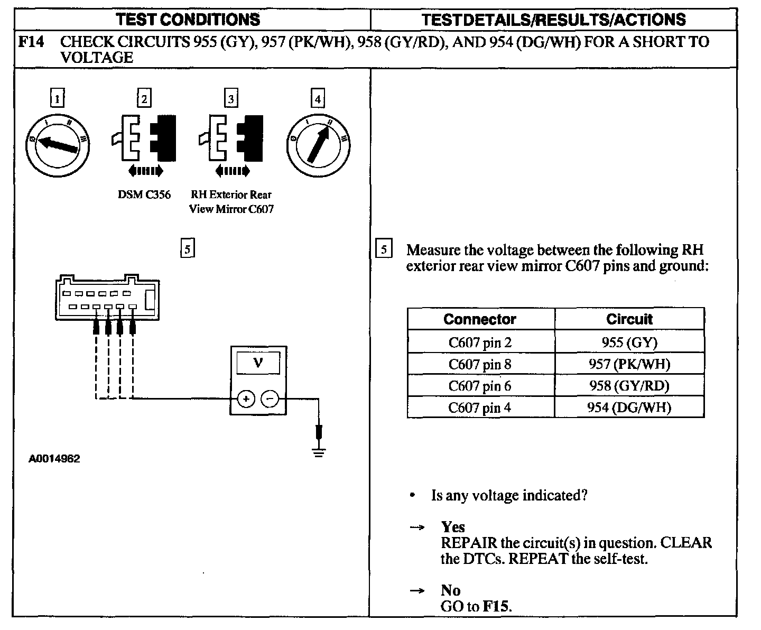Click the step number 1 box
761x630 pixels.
point(57,98)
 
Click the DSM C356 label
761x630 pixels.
point(144,194)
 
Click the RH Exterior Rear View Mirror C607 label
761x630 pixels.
point(231,201)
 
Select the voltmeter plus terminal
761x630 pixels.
point(246,399)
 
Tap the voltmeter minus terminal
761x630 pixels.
point(270,399)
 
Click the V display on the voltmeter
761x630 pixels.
point(258,363)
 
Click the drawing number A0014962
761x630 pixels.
point(54,459)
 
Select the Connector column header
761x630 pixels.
point(480,319)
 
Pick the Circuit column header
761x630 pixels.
point(629,319)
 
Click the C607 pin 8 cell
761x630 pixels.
point(480,364)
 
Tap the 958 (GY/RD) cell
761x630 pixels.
point(629,386)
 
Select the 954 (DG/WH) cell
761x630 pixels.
point(629,407)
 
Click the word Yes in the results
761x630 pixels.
point(453,527)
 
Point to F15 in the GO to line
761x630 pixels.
point(497,606)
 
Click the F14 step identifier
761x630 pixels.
point(30,42)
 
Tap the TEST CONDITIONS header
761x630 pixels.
point(188,20)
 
